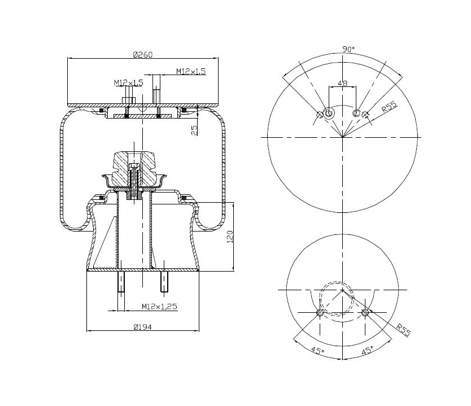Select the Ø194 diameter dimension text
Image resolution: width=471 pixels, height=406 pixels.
coord(143,326)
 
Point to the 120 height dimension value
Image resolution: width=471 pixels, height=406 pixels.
coord(229,237)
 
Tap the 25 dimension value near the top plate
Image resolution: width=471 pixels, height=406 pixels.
coord(195,130)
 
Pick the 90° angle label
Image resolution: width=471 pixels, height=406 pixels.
coord(348,50)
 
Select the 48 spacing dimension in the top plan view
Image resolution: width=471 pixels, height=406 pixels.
coord(342,83)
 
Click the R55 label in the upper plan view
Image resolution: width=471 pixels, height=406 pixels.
coord(388,107)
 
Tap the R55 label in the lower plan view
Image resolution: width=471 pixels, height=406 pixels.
coord(403,329)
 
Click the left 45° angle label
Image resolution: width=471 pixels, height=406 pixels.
coord(317,351)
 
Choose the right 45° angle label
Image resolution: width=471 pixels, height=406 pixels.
coord(367,351)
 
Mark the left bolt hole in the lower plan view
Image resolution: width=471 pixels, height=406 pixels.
coord(320,313)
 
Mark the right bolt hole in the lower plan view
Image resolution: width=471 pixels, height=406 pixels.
coord(365,312)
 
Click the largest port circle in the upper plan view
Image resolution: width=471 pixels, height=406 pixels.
coord(329,113)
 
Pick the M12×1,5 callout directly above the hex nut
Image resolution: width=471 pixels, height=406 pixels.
coord(128,83)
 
